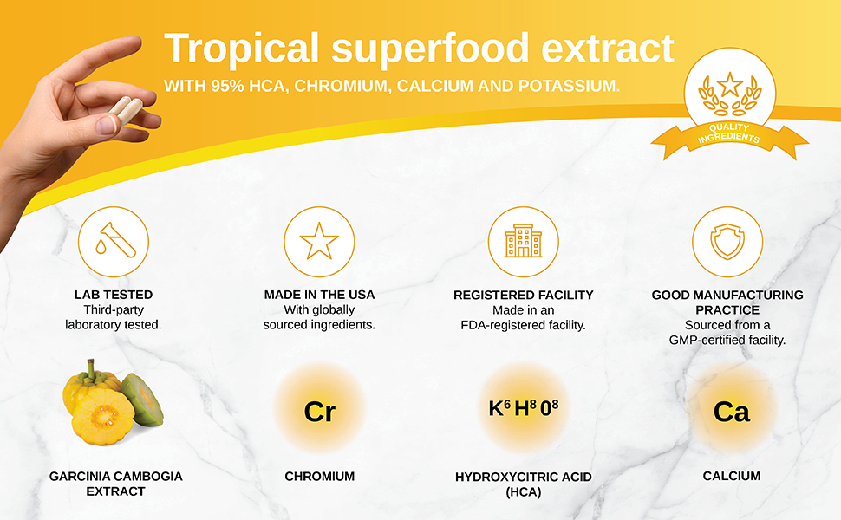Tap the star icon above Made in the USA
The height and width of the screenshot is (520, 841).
(x=319, y=241)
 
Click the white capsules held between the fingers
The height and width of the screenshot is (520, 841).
(x=124, y=111)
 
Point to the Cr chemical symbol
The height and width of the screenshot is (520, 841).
(x=319, y=412)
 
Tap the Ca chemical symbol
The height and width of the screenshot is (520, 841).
(x=731, y=412)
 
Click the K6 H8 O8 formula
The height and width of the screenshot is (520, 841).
(x=525, y=407)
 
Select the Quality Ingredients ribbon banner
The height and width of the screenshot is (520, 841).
(x=728, y=135)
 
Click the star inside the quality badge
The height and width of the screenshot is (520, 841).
(x=729, y=85)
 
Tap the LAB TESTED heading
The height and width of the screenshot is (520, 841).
(x=114, y=295)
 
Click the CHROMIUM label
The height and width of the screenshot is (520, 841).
(x=319, y=476)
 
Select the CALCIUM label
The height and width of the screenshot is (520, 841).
(x=731, y=476)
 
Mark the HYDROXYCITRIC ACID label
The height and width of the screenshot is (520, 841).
(x=523, y=477)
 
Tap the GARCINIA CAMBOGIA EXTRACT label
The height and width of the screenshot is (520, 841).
(x=115, y=484)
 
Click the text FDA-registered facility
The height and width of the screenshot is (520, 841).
(x=523, y=325)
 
